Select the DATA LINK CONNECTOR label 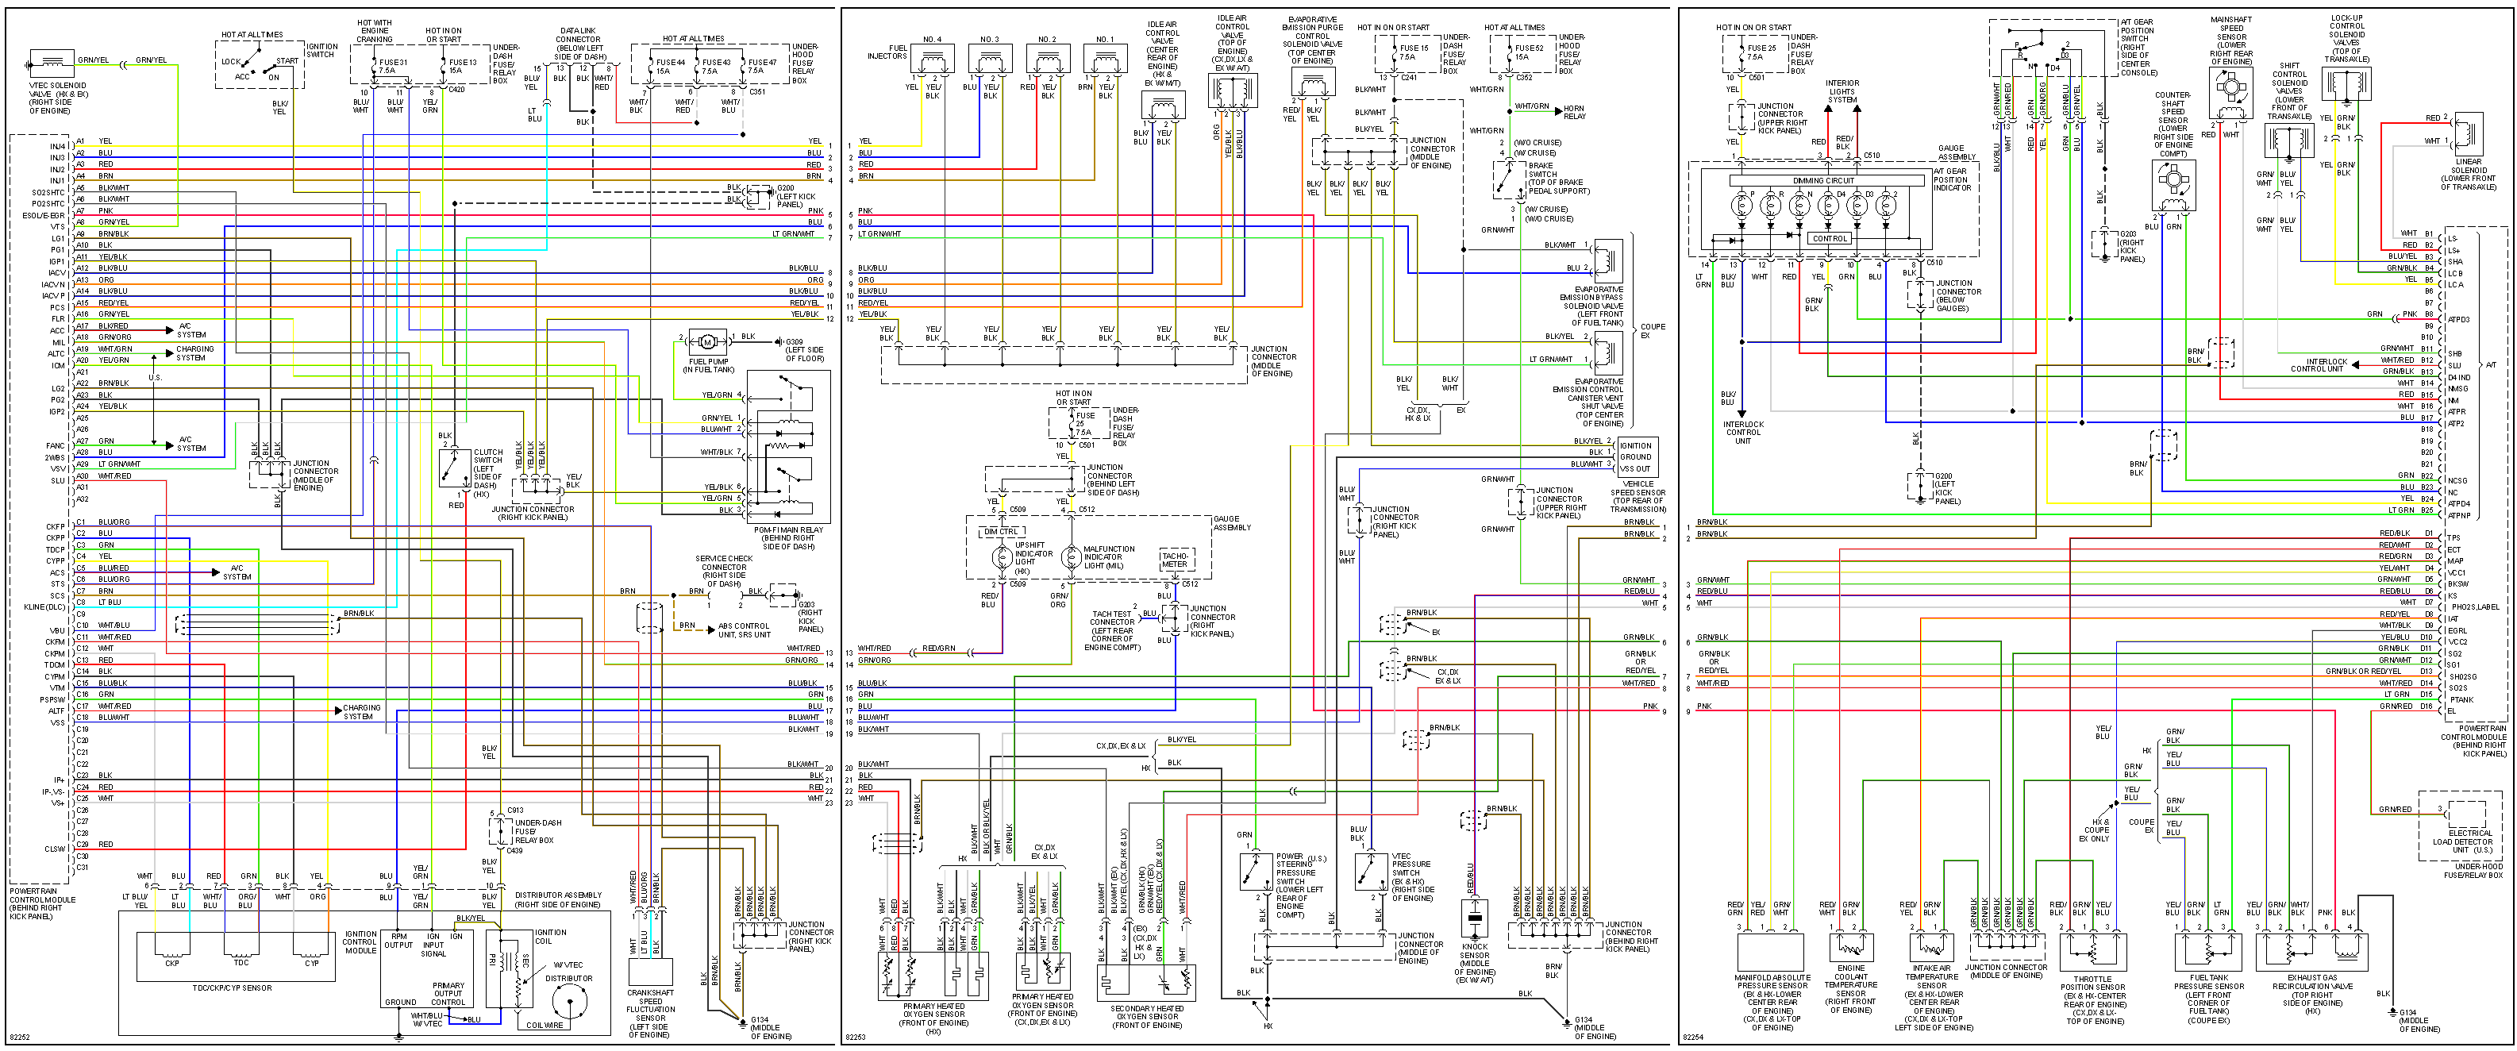[x=579, y=43]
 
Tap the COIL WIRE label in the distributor [x=545, y=1025]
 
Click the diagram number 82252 [x=20, y=1038]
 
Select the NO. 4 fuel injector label [x=931, y=40]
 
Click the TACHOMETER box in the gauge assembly [x=1175, y=560]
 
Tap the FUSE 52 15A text [x=1529, y=52]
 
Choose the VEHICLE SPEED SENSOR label [x=1638, y=496]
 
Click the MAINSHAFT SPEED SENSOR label [x=2230, y=40]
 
